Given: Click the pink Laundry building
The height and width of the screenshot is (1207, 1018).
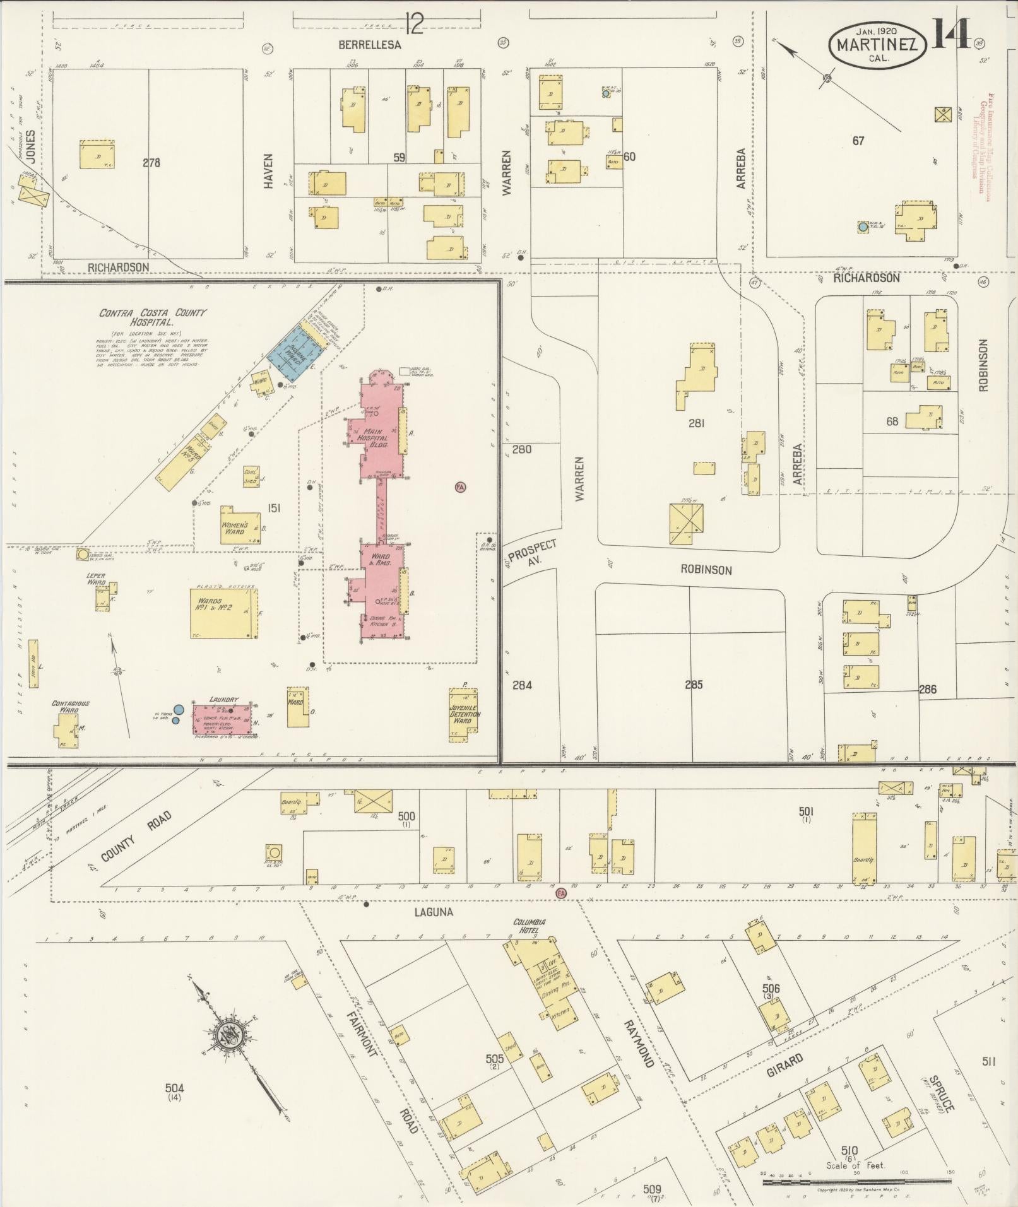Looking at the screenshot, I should (225, 718).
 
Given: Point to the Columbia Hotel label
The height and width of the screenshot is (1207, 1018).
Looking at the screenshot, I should (530, 926).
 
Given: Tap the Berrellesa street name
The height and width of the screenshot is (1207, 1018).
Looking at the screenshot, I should (369, 45).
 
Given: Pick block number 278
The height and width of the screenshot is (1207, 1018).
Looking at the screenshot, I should (151, 163).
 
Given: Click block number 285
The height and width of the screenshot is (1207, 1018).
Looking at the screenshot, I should (694, 685).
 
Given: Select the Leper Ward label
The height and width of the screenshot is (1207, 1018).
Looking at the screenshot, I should (96, 578).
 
